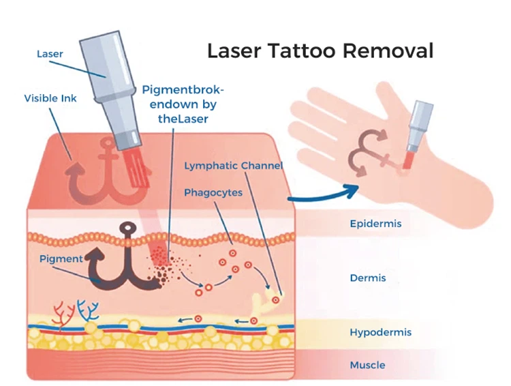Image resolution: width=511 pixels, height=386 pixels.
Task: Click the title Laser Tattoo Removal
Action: (x=320, y=51)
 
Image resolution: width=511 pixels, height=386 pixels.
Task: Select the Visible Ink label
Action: (x=50, y=98)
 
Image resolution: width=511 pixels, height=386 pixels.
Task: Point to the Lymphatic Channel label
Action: (x=234, y=166)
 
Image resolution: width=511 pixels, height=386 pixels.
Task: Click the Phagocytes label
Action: (x=213, y=192)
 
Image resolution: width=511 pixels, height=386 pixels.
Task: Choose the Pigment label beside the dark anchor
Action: (x=61, y=259)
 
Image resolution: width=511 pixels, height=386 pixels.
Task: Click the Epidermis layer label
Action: (x=375, y=224)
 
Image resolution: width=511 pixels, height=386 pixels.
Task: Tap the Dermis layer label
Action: (x=368, y=278)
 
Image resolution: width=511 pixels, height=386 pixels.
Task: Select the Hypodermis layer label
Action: (x=380, y=333)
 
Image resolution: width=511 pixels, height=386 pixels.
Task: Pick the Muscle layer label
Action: (x=368, y=366)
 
